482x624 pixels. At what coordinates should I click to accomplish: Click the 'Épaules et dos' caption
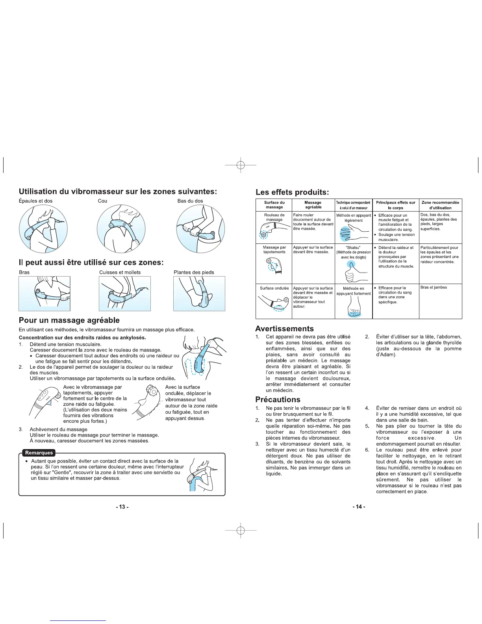[35, 201]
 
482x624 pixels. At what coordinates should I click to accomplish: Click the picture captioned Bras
[44, 293]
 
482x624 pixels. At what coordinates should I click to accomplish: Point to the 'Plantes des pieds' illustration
[199, 293]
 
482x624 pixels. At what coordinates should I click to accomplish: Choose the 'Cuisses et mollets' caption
[120, 272]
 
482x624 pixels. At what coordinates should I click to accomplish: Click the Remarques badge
[39, 453]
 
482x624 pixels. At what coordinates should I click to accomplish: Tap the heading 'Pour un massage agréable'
[69, 320]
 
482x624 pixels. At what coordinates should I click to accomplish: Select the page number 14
[359, 507]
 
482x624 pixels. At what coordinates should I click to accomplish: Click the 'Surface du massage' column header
[274, 205]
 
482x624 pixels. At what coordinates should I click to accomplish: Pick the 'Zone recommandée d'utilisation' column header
[440, 205]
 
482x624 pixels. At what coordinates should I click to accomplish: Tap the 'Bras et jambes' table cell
[434, 288]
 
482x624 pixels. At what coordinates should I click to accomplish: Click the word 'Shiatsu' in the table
[353, 248]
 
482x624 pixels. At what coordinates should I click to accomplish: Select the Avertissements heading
[284, 329]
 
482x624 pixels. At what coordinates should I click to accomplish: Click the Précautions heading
[278, 399]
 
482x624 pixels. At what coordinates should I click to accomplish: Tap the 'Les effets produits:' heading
[292, 192]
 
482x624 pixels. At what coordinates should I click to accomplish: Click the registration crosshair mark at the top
[241, 165]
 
